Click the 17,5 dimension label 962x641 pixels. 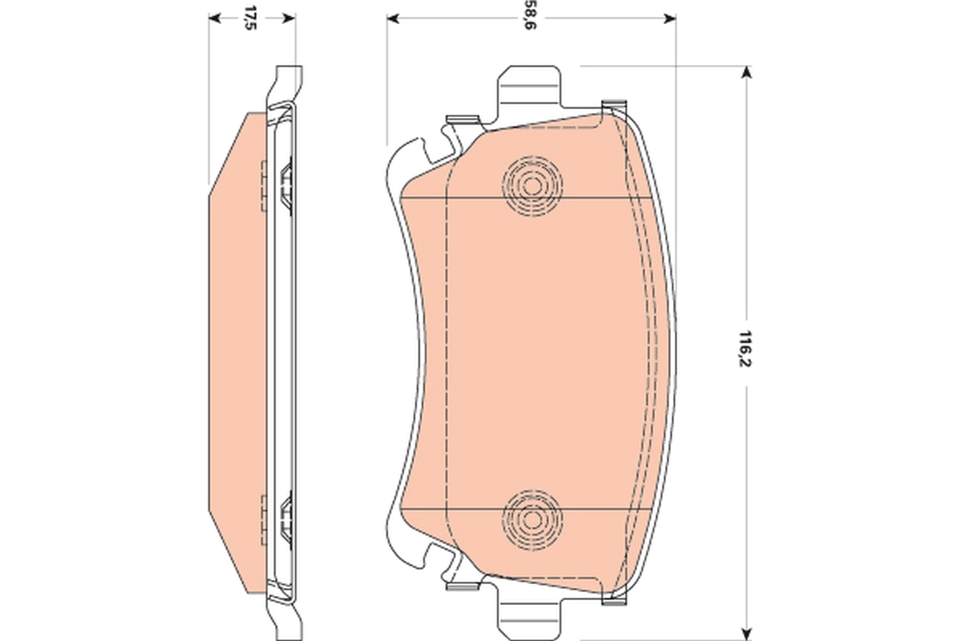(x=251, y=18)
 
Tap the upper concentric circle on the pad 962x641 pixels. (x=532, y=185)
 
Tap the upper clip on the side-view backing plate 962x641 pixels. (x=285, y=183)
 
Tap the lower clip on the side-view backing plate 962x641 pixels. (x=285, y=517)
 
